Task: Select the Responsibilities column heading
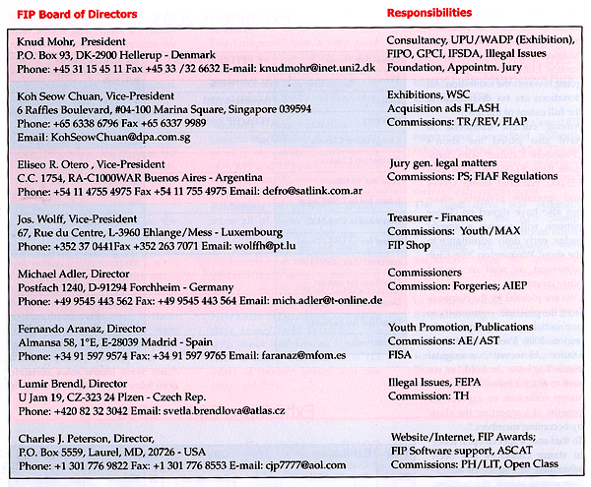click(428, 13)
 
